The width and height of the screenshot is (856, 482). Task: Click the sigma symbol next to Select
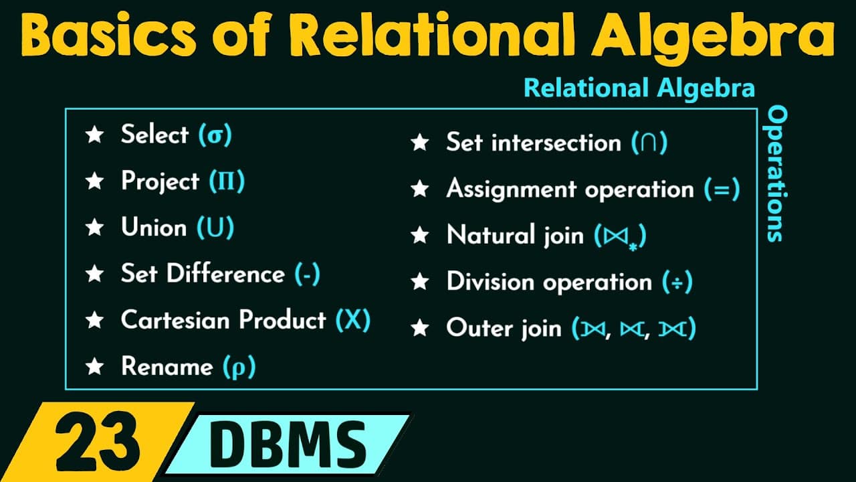(215, 136)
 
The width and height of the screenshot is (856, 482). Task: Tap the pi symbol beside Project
(227, 181)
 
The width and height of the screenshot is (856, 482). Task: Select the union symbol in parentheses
(215, 227)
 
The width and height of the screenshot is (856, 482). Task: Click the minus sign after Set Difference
(308, 274)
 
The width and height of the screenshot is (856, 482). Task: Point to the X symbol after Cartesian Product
(353, 320)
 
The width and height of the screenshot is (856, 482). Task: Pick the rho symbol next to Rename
(239, 368)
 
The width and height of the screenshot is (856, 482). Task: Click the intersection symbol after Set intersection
(649, 143)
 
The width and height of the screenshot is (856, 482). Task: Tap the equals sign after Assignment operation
(722, 189)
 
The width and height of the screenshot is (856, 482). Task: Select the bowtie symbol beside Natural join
(616, 236)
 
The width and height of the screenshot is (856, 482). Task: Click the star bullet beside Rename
(95, 366)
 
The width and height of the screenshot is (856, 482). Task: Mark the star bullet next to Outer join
(420, 328)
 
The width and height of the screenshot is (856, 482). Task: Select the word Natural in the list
(491, 234)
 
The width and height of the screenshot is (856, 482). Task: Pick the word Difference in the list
(225, 273)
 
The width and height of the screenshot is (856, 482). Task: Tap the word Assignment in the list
(512, 189)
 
